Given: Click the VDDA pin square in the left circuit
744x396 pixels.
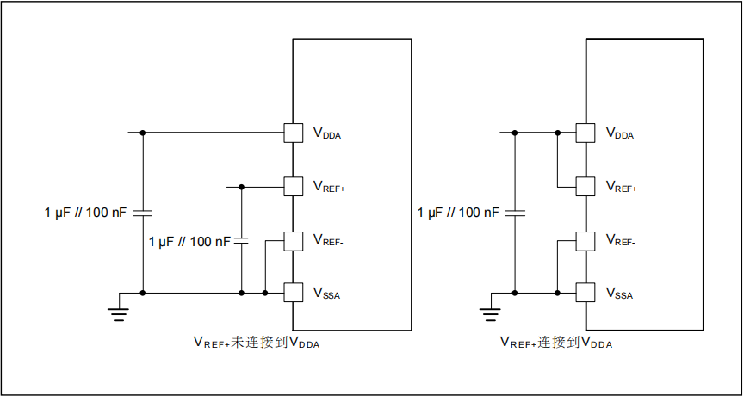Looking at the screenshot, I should coord(294,133).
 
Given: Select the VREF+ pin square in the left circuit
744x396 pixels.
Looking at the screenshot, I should coord(294,186).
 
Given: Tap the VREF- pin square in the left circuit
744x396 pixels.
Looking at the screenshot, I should coord(294,240).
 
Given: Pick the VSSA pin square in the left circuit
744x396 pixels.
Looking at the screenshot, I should coord(294,294).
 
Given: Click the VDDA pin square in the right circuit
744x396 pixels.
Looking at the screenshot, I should coord(586,133).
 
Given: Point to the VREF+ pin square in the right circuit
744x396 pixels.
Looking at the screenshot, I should coord(586,186).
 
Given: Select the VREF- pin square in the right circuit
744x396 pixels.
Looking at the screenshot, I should coord(586,240).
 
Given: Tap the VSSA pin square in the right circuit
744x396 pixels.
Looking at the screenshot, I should coord(586,294).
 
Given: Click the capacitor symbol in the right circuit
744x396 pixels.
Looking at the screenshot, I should coord(515,213).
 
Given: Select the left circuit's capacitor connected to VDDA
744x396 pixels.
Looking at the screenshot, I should coord(142,213).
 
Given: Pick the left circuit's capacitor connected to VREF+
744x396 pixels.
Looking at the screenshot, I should coord(242,241).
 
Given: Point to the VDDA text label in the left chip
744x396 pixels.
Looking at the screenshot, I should coord(327,134).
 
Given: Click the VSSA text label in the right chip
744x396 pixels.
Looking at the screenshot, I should coord(620,295).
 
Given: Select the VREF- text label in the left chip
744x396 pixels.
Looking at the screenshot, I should coord(329,241).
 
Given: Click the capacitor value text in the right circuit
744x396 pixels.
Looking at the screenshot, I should coord(457,213).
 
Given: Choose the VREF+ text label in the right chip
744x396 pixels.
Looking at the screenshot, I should coord(622,187).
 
